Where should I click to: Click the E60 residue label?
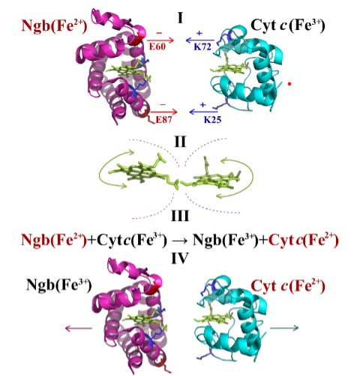157,46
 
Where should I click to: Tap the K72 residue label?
202,46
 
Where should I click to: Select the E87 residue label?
164,120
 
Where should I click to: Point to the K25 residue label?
212,120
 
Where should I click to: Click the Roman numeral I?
180,18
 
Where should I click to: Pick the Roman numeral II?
180,142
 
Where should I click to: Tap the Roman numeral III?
180,216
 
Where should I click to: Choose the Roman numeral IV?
180,258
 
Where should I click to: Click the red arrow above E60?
160,40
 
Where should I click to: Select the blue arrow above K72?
200,40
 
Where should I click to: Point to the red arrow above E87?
163,112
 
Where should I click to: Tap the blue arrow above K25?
203,112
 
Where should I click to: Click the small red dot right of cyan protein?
289,84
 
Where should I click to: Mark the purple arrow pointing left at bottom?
79,328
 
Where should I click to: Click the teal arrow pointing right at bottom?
284,328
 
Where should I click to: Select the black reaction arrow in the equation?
180,240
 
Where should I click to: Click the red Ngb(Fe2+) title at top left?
54,26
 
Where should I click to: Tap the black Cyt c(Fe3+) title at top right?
287,25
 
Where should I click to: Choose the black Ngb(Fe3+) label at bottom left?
59,285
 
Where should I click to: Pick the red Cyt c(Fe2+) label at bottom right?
288,286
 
